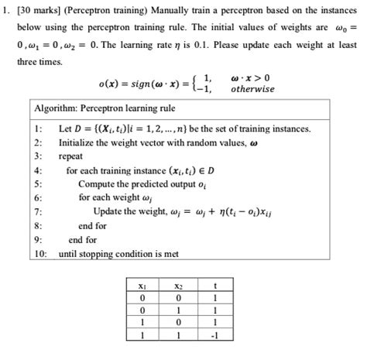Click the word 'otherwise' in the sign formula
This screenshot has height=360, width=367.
[x=253, y=88]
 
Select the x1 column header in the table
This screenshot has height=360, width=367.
[x=141, y=285]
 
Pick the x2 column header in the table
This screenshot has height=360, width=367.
[x=179, y=285]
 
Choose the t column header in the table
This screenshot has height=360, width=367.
[x=215, y=285]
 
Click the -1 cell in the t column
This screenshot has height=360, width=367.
[x=215, y=336]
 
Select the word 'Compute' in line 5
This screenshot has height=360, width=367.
[x=97, y=183]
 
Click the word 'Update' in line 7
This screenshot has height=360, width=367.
[x=109, y=211]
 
